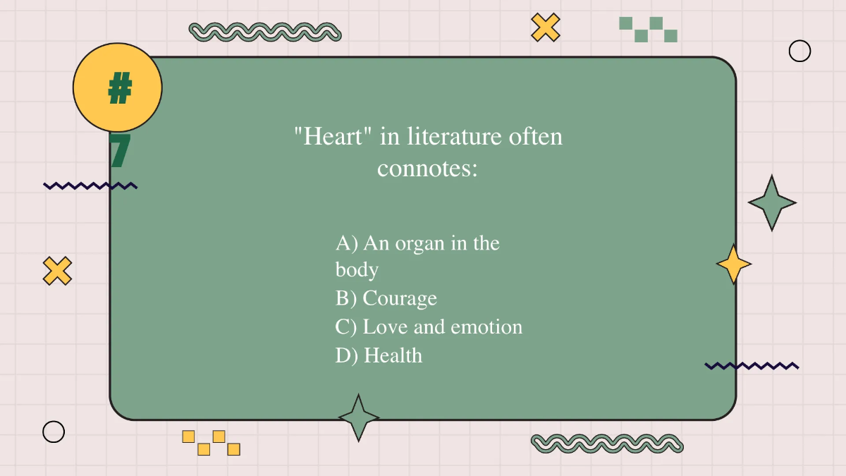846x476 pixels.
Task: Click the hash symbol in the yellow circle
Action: pyautogui.click(x=120, y=88)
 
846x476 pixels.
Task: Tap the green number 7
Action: pyautogui.click(x=120, y=150)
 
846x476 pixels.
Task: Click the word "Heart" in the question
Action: pyautogui.click(x=333, y=135)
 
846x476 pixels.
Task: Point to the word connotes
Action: pyautogui.click(x=427, y=169)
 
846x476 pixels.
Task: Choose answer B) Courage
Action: pyautogui.click(x=386, y=298)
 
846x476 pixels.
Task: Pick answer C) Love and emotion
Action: pyautogui.click(x=429, y=327)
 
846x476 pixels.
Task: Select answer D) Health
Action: pyautogui.click(x=379, y=355)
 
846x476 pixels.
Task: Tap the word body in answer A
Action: pyautogui.click(x=357, y=269)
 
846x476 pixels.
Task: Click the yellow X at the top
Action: pyautogui.click(x=545, y=27)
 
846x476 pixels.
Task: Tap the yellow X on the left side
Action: pyautogui.click(x=57, y=271)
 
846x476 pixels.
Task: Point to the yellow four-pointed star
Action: pyautogui.click(x=733, y=264)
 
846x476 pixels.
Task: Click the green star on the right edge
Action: pyautogui.click(x=772, y=203)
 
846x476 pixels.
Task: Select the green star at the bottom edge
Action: pyautogui.click(x=359, y=417)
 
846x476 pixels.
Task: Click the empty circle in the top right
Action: pyautogui.click(x=799, y=51)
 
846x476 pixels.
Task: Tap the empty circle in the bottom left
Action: pyautogui.click(x=54, y=432)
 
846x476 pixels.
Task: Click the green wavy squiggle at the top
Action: pyautogui.click(x=265, y=32)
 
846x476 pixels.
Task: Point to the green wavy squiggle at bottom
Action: pyautogui.click(x=607, y=443)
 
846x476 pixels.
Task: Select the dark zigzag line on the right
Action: pyautogui.click(x=752, y=366)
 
